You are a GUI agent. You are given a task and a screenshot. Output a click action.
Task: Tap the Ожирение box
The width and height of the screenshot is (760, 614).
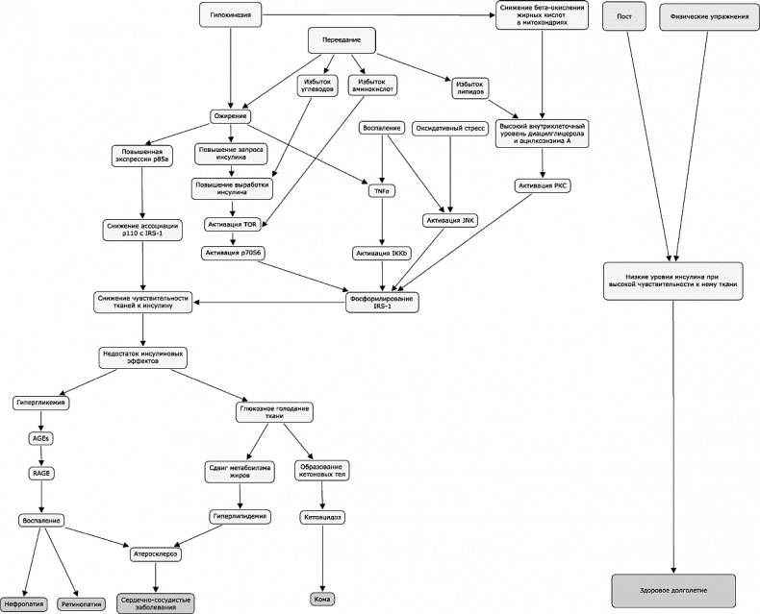tap(230, 116)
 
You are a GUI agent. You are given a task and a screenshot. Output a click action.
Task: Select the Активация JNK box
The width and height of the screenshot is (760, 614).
tap(450, 220)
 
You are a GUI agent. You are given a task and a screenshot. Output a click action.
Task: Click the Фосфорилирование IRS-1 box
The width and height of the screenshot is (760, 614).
tap(385, 301)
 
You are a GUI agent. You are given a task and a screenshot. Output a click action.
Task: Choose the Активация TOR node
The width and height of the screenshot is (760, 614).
tap(232, 224)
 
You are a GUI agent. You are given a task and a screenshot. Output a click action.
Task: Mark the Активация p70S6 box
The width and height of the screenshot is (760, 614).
tap(232, 253)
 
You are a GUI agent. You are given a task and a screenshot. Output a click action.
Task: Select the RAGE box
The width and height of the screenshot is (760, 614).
tap(40, 472)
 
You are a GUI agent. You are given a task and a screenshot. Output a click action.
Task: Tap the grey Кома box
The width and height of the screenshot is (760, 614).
tap(323, 600)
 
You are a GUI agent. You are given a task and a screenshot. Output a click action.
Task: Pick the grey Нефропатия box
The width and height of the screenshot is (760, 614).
tap(23, 605)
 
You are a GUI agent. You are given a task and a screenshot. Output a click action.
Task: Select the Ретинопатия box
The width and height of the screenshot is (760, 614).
tap(82, 605)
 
